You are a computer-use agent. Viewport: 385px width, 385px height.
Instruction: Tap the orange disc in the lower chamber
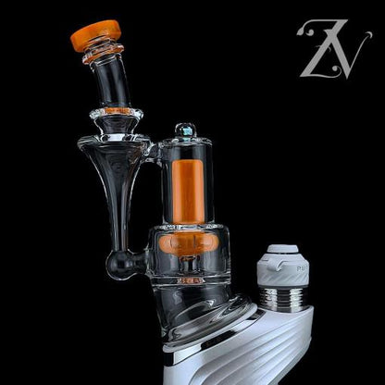click(189, 242)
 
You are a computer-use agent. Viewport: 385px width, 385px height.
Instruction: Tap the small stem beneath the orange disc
click(189, 268)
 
